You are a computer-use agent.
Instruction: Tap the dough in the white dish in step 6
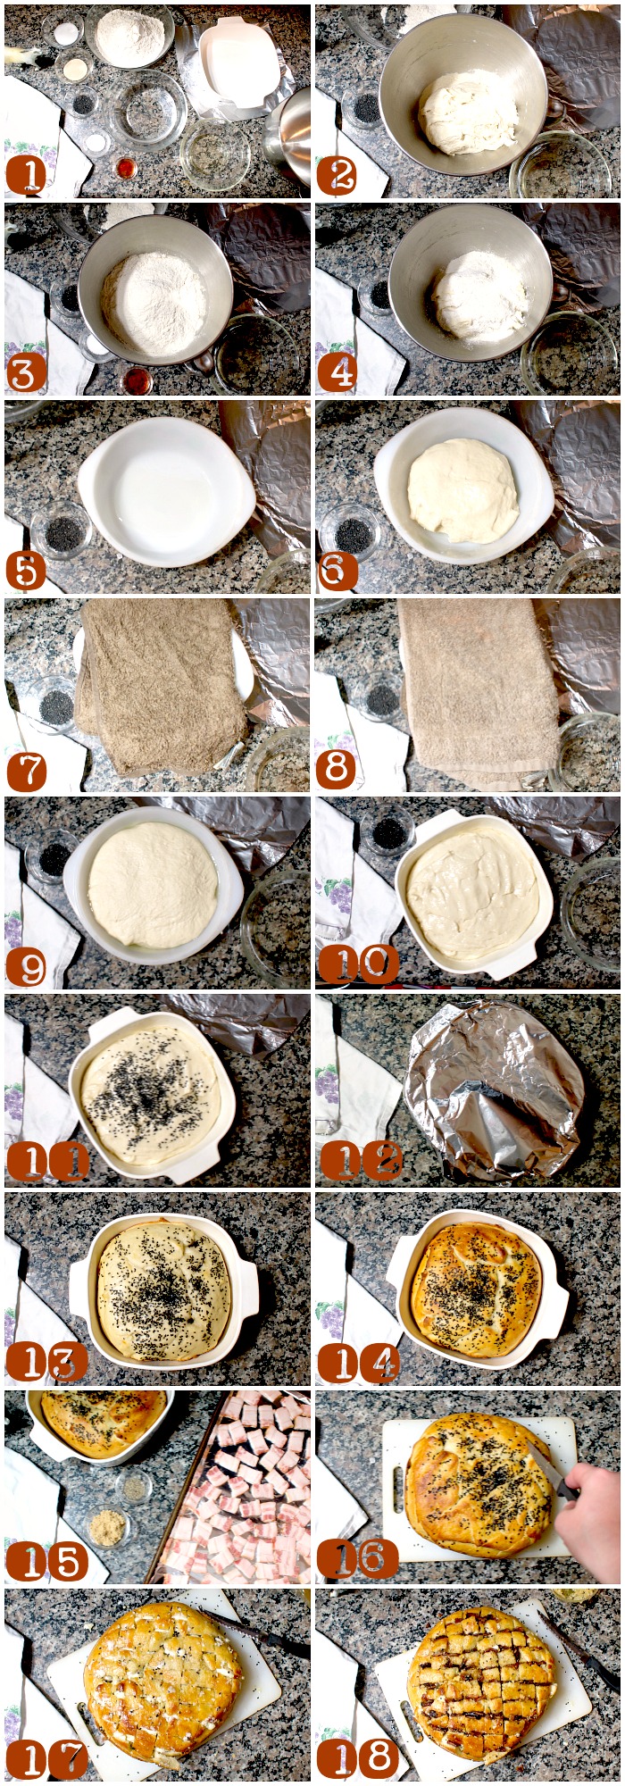[463, 489]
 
